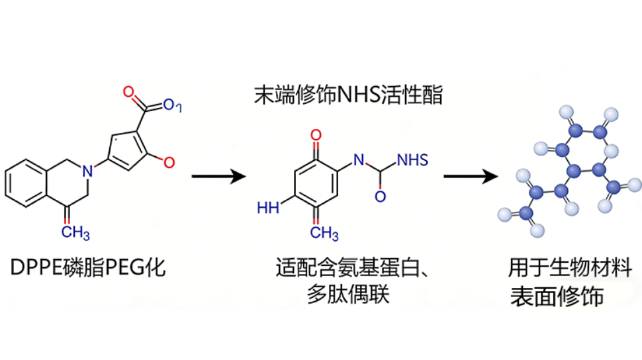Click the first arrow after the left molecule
(x=218, y=177)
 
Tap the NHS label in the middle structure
(x=412, y=159)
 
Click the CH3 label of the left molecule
(x=76, y=232)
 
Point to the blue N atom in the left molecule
(x=86, y=171)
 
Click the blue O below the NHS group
(x=380, y=197)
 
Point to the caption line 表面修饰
(x=557, y=297)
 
